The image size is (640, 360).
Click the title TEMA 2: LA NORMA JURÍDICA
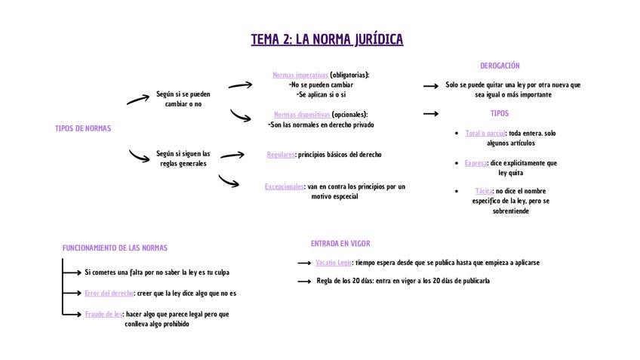(327, 39)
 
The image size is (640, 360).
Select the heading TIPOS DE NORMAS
(83, 128)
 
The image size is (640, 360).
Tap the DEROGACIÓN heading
(500, 66)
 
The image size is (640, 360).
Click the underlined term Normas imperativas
(300, 75)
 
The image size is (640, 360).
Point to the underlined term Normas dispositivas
(302, 115)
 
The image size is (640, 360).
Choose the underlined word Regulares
(280, 155)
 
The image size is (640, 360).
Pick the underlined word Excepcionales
(285, 186)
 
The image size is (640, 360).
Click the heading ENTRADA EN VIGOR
(340, 244)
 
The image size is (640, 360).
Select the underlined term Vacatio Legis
(334, 263)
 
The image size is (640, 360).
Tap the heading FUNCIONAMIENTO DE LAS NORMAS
(115, 248)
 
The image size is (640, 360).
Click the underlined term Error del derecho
(109, 293)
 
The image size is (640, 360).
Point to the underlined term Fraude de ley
(103, 314)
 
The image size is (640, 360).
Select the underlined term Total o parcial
(485, 133)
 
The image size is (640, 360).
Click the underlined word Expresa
(475, 162)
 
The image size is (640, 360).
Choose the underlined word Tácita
(483, 191)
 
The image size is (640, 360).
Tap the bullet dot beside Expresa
(457, 162)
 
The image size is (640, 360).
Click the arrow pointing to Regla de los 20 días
(304, 282)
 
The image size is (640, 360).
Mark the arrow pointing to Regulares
(232, 155)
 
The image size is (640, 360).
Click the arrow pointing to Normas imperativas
(240, 85)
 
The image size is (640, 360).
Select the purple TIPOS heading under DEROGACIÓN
(500, 113)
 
